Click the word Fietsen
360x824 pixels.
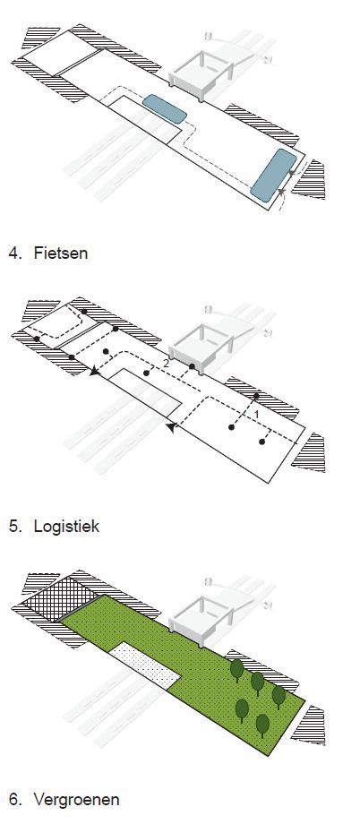[x=60, y=253]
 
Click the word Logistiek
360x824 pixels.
[x=66, y=526]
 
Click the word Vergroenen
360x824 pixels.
[x=76, y=799]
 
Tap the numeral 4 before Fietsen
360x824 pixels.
[x=14, y=253]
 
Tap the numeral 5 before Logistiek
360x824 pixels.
[x=14, y=526]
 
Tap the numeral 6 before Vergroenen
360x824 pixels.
[x=14, y=799]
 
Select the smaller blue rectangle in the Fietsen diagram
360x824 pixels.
[x=165, y=108]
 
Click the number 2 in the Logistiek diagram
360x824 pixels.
[x=166, y=363]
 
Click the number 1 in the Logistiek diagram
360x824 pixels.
[x=256, y=415]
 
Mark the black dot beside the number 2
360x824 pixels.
[x=193, y=366]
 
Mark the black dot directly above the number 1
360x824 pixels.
[x=256, y=396]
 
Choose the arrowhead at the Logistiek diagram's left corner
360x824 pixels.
[x=95, y=371]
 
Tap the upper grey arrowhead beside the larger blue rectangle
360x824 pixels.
[x=292, y=172]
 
